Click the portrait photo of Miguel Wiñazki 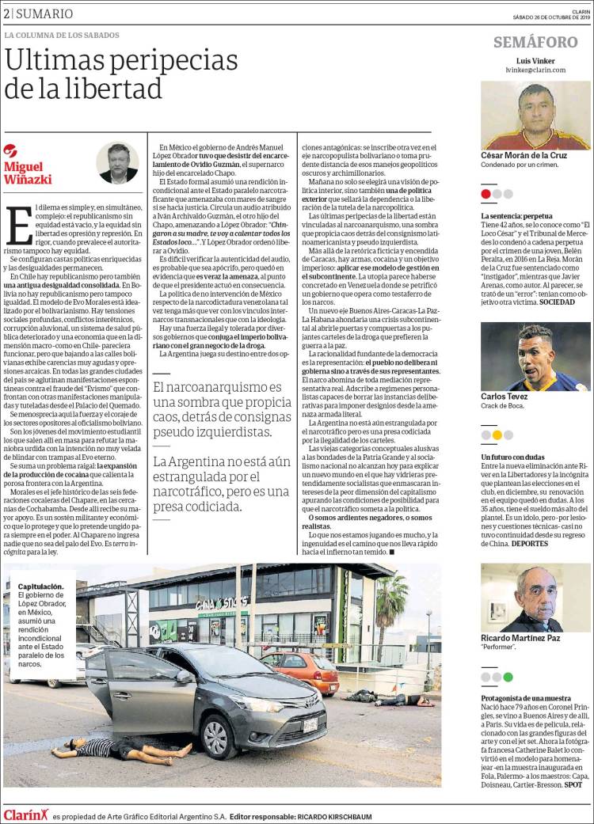coord(117,162)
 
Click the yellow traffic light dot coord(497,435)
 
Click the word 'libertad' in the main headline coord(101,86)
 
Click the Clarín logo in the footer coord(25,815)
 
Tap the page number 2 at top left coord(6,13)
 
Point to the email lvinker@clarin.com coord(535,70)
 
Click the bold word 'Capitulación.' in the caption coord(41,587)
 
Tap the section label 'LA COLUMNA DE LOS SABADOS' coord(62,36)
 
